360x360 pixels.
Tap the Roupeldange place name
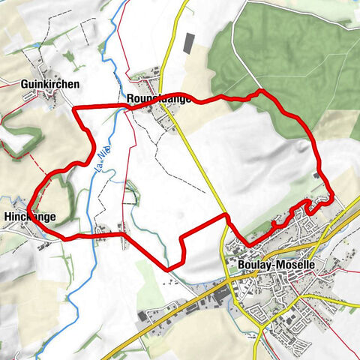158,97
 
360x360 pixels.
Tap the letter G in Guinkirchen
24,85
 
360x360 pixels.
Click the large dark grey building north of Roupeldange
187,42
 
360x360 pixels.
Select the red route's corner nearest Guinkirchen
73,111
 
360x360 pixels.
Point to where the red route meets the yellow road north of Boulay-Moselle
226,216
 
